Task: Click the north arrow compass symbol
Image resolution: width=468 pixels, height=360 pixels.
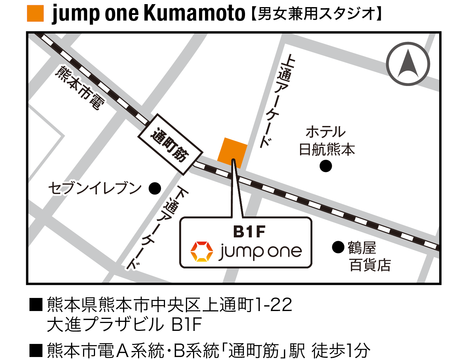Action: (x=408, y=64)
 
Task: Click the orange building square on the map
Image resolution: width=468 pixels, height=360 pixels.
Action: (x=232, y=152)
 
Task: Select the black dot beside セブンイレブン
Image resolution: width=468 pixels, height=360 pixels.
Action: (x=155, y=188)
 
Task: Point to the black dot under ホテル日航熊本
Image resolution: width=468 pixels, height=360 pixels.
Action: (x=326, y=166)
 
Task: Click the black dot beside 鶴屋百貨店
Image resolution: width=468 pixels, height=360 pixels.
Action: (x=338, y=247)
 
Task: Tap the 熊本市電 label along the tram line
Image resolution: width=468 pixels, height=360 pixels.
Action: (x=79, y=88)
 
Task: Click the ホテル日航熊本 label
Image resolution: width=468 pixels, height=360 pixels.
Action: (x=327, y=141)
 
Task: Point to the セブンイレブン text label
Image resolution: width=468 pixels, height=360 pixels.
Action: (x=95, y=188)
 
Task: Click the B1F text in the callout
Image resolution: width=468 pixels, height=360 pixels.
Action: (x=249, y=232)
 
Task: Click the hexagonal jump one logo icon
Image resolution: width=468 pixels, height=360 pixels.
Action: (x=202, y=251)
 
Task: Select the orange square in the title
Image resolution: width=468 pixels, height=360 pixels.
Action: (x=36, y=13)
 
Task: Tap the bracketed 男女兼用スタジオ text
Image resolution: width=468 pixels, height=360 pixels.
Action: (x=316, y=14)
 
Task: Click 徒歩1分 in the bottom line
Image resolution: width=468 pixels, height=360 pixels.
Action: (x=340, y=351)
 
